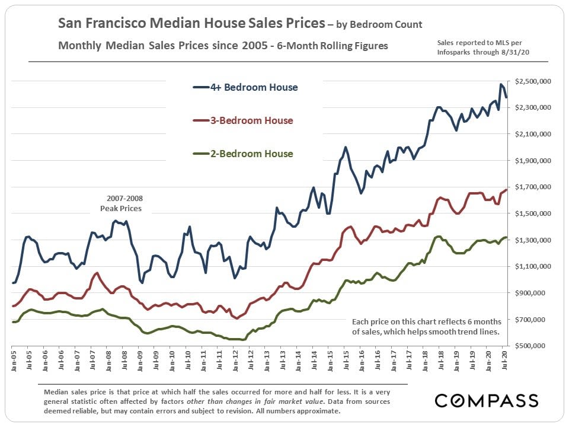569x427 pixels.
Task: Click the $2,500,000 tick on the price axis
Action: click(534, 81)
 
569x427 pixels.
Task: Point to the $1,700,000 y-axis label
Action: click(534, 187)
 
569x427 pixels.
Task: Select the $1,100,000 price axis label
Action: click(534, 266)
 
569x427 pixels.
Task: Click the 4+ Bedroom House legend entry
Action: click(245, 88)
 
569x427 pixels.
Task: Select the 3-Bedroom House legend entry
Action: click(243, 121)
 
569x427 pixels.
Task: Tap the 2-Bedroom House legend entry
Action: click(243, 154)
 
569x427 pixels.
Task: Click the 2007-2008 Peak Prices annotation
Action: click(125, 203)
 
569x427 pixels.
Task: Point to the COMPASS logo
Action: click(486, 400)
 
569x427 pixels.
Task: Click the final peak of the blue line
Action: click(501, 85)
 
